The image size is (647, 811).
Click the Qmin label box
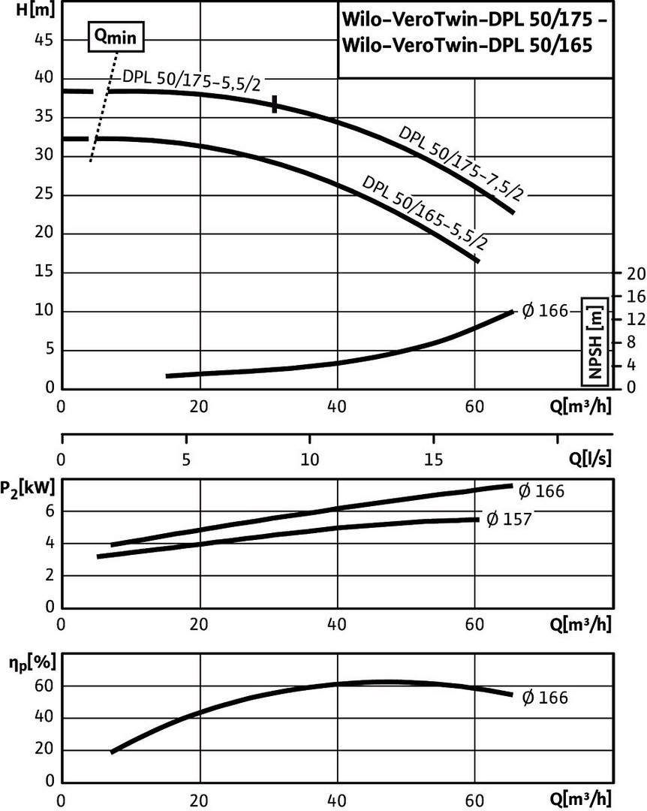click(115, 36)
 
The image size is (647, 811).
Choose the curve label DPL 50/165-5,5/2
click(424, 213)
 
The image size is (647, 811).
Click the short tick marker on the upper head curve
click(275, 104)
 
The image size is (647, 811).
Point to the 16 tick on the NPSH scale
click(635, 297)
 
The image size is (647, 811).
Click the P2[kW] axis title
click(27, 489)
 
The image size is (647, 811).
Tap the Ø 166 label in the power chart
click(541, 491)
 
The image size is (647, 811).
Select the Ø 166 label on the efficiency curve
click(545, 698)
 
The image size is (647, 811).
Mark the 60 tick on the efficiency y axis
click(43, 686)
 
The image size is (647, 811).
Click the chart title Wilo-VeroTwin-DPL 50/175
click(473, 18)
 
